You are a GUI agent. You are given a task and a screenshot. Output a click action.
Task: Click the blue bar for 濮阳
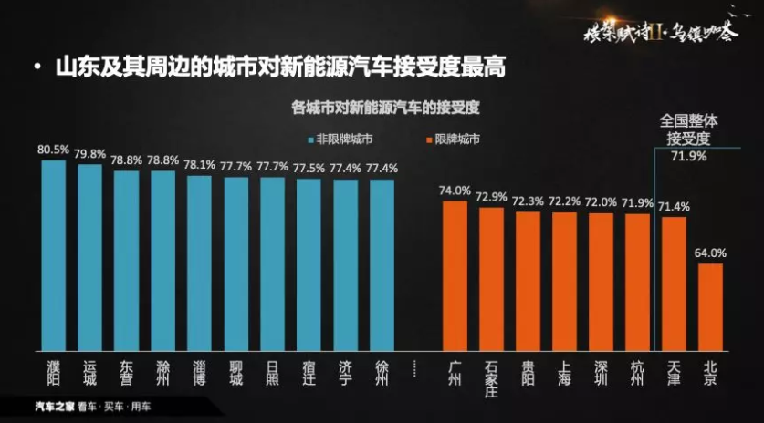click(54, 255)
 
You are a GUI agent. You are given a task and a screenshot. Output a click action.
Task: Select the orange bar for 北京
click(710, 306)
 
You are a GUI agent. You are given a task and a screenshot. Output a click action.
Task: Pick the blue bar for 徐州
click(382, 264)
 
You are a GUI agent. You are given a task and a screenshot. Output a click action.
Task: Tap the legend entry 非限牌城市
click(341, 139)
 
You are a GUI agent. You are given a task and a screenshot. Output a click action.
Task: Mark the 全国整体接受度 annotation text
click(686, 130)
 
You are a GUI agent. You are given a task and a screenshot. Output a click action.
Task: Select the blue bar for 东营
click(127, 260)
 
